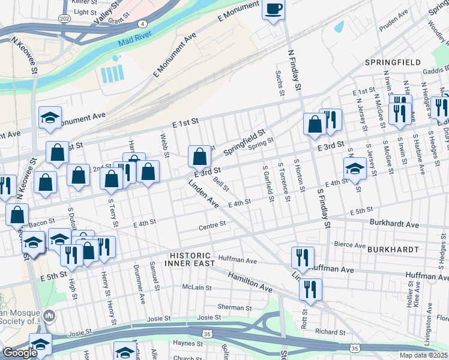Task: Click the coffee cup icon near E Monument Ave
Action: [x=273, y=10]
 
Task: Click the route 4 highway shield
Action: [x=142, y=23]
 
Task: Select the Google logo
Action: [x=19, y=352]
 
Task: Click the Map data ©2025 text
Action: [x=423, y=355]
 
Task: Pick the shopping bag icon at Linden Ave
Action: [x=199, y=157]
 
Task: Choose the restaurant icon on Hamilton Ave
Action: [x=310, y=289]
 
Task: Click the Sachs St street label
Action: [x=279, y=82]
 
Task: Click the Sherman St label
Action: [x=230, y=307]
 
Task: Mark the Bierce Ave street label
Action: [x=350, y=244]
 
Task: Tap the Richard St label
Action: [x=330, y=331]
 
